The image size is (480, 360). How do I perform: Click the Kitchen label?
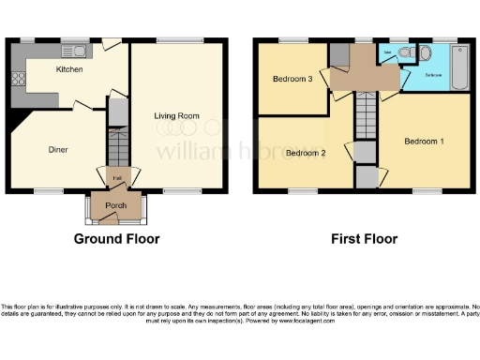point(69,69)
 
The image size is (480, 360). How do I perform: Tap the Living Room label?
point(177,115)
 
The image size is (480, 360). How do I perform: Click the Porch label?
point(116,205)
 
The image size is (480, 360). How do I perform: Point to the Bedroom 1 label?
point(424,141)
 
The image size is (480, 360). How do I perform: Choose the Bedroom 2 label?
point(306,153)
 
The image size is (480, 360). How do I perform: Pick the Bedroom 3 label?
point(292,79)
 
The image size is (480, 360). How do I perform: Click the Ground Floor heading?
point(117,239)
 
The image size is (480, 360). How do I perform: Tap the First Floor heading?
point(364,239)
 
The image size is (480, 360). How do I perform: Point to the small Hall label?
point(117,177)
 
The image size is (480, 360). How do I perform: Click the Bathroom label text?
point(434,72)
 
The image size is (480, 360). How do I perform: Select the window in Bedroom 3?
point(292,39)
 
